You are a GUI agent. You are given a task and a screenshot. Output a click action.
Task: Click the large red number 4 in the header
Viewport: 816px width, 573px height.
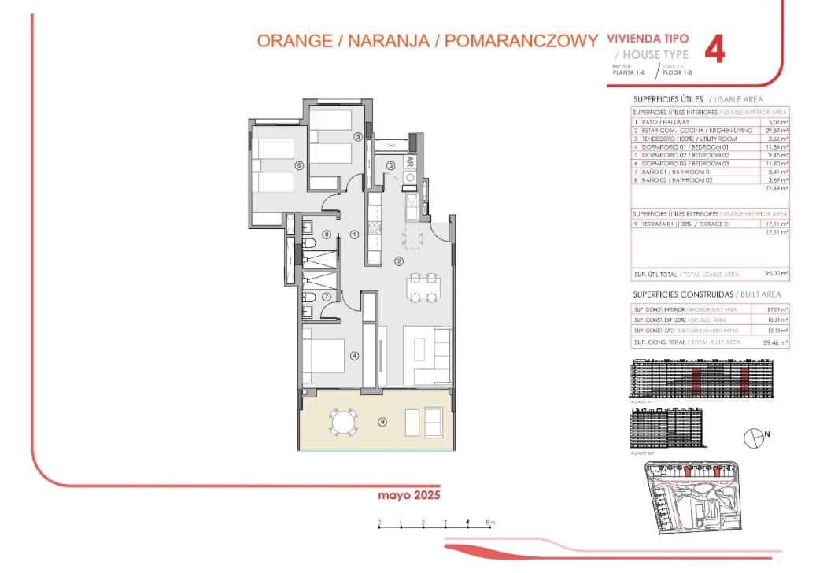tap(714, 50)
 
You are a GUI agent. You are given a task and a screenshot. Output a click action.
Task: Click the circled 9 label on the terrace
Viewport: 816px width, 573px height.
tap(382, 422)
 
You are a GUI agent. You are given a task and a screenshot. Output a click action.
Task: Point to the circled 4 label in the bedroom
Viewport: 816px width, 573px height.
tap(355, 356)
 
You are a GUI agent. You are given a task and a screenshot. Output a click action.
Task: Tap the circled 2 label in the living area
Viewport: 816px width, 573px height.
tap(398, 262)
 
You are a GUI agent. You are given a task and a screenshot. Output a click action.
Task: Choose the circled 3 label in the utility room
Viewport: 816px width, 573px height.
tap(390, 165)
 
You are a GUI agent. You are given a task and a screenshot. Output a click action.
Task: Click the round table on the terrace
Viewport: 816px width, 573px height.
tap(342, 423)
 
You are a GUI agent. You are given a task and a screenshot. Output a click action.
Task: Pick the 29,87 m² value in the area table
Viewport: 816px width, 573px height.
tap(777, 130)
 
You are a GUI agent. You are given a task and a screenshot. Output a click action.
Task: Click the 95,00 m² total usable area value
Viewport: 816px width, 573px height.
tap(777, 274)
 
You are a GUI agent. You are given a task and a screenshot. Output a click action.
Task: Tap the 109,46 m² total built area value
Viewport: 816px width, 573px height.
tap(777, 343)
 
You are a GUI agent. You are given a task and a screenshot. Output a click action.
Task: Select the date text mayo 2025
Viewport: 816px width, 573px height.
tap(408, 496)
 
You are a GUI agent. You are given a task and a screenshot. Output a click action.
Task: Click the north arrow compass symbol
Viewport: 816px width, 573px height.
tap(755, 434)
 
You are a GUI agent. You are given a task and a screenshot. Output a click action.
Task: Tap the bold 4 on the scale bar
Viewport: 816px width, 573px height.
tap(467, 523)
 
